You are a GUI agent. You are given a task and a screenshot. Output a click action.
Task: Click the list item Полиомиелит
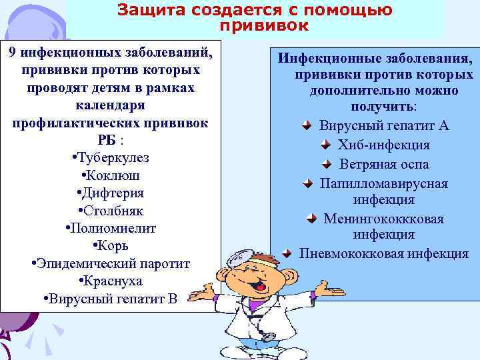pyautogui.click(x=111, y=229)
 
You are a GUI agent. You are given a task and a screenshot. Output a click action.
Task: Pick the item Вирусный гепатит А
pyautogui.click(x=383, y=125)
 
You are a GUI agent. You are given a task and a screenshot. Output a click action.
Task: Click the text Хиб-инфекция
pyautogui.click(x=383, y=145)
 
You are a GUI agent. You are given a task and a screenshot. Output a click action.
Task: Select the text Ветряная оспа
pyautogui.click(x=383, y=164)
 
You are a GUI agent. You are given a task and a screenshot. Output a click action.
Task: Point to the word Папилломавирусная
pyautogui.click(x=383, y=183)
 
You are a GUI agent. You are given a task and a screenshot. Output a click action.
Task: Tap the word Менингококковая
pyautogui.click(x=383, y=219)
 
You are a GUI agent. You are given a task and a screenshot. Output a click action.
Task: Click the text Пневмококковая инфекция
pyautogui.click(x=383, y=253)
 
